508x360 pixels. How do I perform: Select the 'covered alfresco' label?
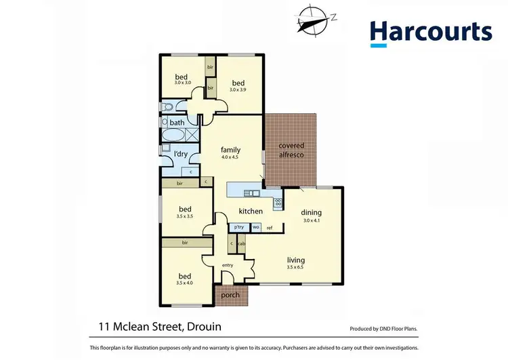(x=291, y=151)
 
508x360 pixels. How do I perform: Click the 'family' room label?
(x=231, y=150)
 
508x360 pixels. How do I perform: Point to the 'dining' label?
(x=312, y=212)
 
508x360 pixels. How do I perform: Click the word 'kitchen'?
(x=251, y=212)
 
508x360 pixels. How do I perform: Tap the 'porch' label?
(x=232, y=295)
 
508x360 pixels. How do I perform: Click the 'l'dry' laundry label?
(x=181, y=155)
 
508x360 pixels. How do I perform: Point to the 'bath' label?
(x=177, y=123)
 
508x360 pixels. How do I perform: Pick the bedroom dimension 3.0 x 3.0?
(x=183, y=83)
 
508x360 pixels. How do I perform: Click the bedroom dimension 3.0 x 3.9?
(x=238, y=89)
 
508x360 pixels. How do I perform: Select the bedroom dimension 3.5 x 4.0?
(x=184, y=283)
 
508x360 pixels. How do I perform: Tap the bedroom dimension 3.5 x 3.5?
(x=184, y=216)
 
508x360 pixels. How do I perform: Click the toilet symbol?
(x=167, y=107)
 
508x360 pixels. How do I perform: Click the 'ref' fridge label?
(x=269, y=228)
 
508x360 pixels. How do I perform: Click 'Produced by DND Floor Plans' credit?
(x=383, y=329)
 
